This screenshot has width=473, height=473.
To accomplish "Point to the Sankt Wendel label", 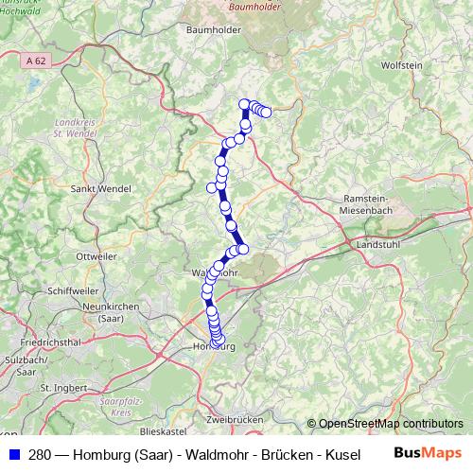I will point(101,189).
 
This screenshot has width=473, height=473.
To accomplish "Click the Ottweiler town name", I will point(96,256).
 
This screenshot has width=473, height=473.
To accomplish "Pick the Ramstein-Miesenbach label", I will point(377,203).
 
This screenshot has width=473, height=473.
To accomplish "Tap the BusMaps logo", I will point(428,452).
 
